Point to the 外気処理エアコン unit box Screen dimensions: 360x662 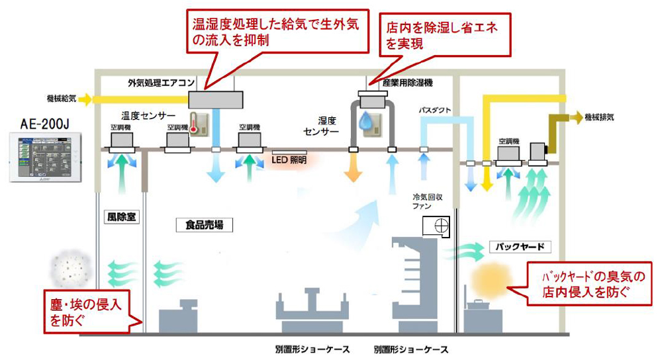[216, 100]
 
